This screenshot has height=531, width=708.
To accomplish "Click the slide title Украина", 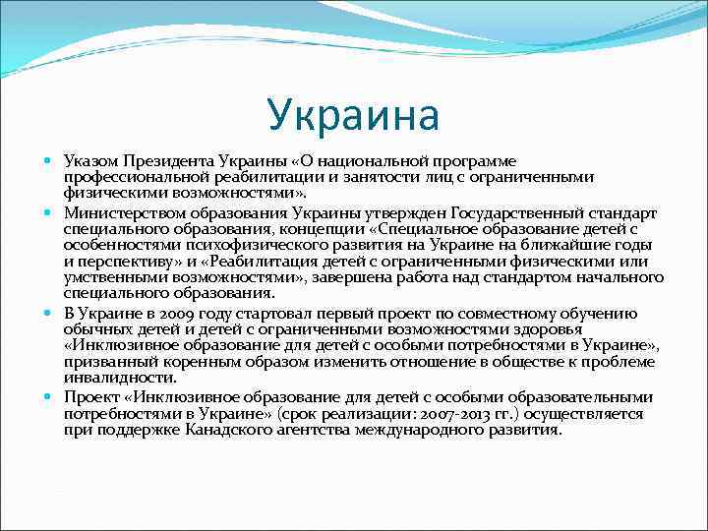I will click(353, 115).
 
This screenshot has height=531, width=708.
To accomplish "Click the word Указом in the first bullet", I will click(92, 160).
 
